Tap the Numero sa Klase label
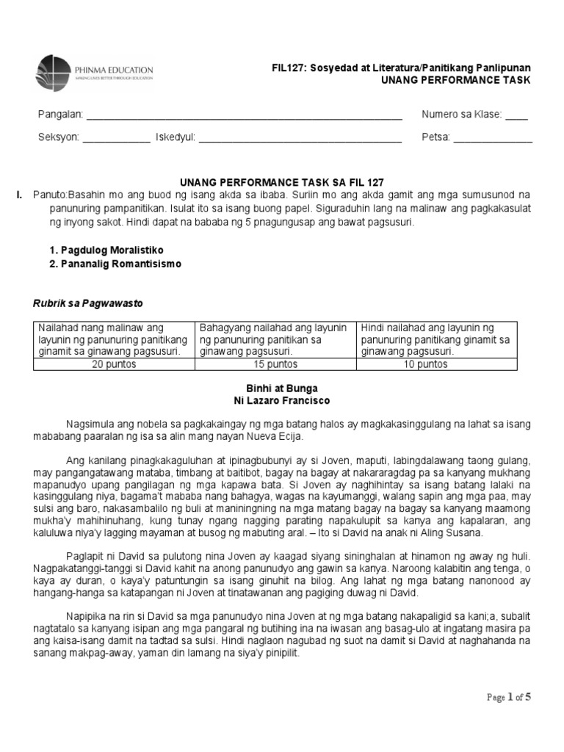(x=461, y=115)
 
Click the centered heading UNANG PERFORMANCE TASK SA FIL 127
(x=282, y=182)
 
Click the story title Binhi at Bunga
(x=281, y=388)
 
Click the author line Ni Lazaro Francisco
(x=281, y=401)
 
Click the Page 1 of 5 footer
(x=508, y=698)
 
